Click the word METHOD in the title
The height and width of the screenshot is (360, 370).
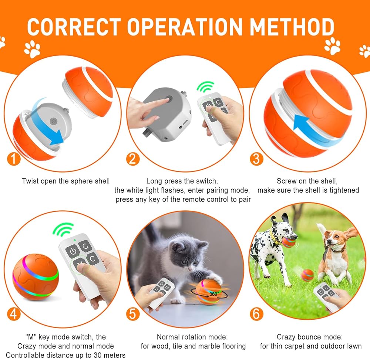292,27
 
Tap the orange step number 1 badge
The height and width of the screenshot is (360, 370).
14,159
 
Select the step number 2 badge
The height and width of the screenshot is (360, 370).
133,159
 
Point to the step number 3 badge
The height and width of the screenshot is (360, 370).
256,159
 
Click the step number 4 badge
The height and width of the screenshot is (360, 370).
14,314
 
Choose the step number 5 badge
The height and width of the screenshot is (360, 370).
133,314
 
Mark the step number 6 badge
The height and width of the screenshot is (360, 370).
256,314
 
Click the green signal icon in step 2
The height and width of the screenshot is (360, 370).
205,87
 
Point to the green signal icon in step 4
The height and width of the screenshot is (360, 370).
63,229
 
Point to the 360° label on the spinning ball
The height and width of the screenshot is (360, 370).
213,294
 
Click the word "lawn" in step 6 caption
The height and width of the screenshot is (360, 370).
353,346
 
